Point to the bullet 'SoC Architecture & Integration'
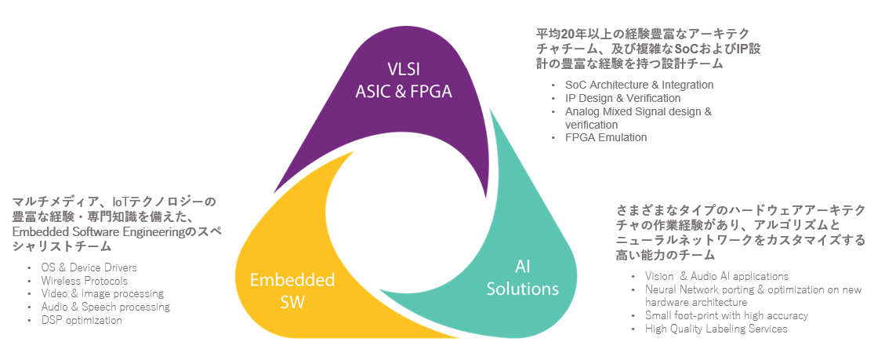(639, 85)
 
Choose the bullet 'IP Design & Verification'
(622, 98)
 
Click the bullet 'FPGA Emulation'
(606, 137)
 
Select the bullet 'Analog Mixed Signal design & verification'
(638, 118)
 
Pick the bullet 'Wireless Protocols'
(84, 280)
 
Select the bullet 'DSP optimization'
(82, 320)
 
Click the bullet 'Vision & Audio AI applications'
(716, 276)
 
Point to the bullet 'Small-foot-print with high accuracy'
(727, 315)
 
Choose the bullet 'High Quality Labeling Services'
(716, 329)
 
